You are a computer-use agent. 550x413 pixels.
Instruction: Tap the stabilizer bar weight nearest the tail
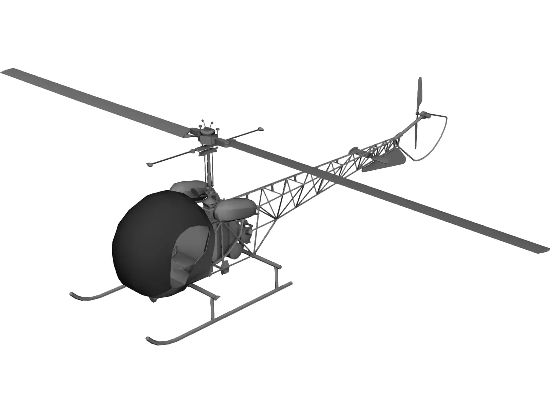260,130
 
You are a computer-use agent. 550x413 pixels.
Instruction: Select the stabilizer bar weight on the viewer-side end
150,165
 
